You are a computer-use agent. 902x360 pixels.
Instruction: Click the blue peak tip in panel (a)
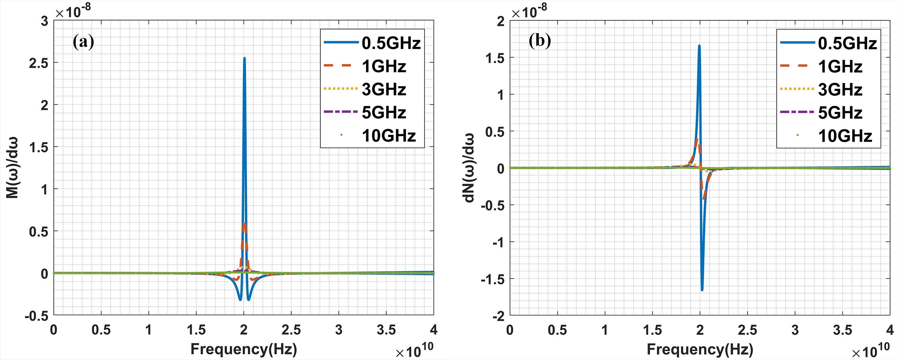point(244,59)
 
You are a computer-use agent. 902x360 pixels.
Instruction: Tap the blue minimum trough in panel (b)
point(702,289)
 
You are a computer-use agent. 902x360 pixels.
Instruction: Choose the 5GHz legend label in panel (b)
point(840,113)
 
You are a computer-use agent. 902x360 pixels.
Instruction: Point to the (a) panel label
point(83,42)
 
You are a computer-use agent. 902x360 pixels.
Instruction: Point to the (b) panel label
point(540,41)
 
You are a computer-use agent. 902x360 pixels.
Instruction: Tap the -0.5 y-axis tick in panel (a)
point(36,316)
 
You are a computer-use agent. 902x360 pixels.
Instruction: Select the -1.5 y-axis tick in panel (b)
point(493,279)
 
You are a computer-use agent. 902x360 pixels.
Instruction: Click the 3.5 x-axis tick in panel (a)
point(386,329)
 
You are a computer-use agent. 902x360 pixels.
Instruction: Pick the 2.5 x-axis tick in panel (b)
point(747,329)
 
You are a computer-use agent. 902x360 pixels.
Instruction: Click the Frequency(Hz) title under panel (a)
point(244,349)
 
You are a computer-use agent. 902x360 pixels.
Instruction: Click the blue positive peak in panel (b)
point(699,45)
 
